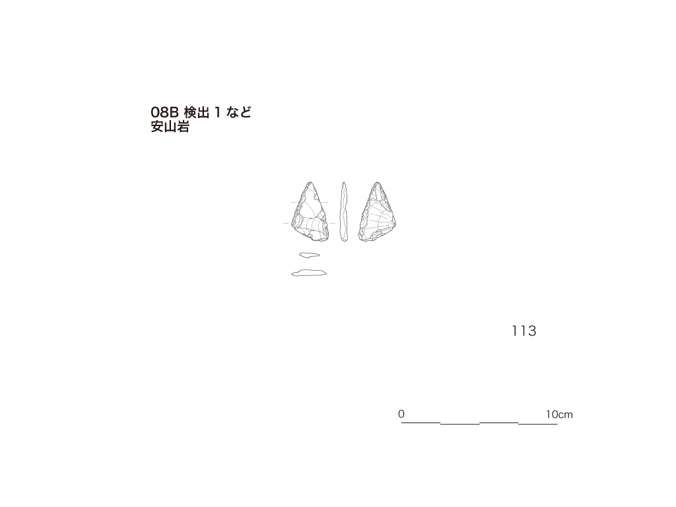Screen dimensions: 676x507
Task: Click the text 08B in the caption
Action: pyautogui.click(x=164, y=112)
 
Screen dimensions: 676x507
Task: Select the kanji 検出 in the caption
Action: pyautogui.click(x=197, y=112)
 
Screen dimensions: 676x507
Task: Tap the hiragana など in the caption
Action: pyautogui.click(x=239, y=112)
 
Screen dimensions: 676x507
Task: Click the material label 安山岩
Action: pyautogui.click(x=170, y=127)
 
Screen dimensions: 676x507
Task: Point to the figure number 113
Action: pyautogui.click(x=524, y=331)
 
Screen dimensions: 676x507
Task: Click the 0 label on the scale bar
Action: pyautogui.click(x=401, y=414)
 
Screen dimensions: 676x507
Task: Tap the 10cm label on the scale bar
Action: pyautogui.click(x=559, y=415)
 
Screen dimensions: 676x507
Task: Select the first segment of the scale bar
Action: pyautogui.click(x=421, y=423)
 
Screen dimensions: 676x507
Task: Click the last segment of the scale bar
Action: pyautogui.click(x=538, y=424)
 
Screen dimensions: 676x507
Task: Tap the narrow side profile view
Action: pyautogui.click(x=343, y=211)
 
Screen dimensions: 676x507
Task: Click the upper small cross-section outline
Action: pyautogui.click(x=310, y=255)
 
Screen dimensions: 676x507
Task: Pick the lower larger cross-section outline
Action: pyautogui.click(x=309, y=273)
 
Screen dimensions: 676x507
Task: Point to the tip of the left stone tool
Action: pyautogui.click(x=310, y=182)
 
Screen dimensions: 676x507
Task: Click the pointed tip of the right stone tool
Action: pyautogui.click(x=378, y=182)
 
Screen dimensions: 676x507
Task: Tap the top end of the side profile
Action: pyautogui.click(x=343, y=182)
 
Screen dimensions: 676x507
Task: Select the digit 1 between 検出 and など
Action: pyautogui.click(x=218, y=112)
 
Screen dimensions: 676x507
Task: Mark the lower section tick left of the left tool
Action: pyautogui.click(x=286, y=223)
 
